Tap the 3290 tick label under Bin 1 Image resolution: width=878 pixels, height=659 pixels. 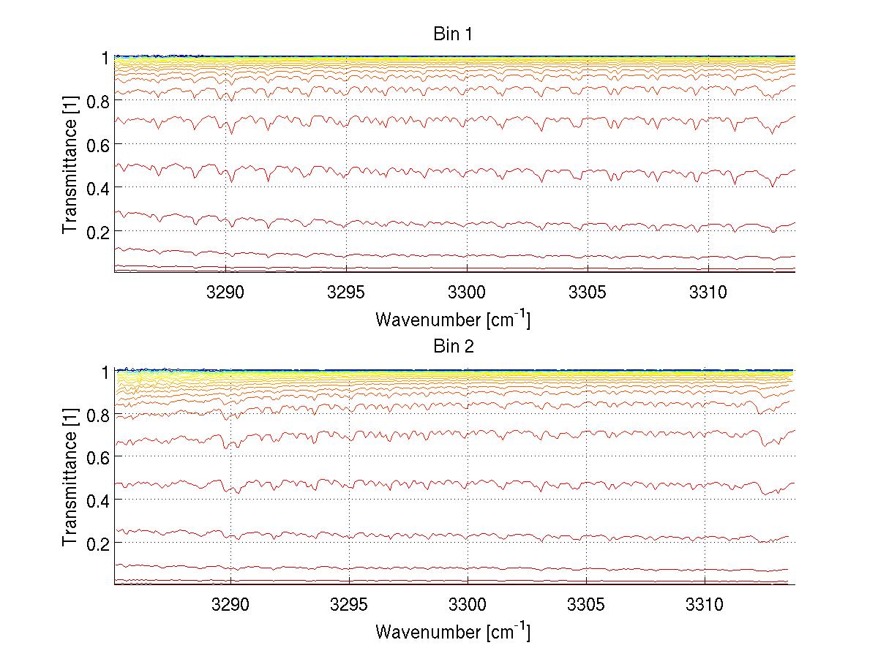(x=226, y=293)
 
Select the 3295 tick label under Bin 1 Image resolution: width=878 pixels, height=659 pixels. (x=345, y=293)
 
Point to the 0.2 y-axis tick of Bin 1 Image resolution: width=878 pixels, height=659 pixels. (x=97, y=231)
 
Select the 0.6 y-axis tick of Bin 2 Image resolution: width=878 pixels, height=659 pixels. (x=97, y=456)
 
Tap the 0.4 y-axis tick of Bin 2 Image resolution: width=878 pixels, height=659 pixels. (x=97, y=500)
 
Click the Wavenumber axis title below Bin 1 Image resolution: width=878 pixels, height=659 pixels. (x=453, y=319)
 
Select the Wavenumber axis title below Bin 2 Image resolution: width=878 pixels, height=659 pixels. (x=453, y=631)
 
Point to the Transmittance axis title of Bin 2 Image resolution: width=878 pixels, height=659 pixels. (x=70, y=478)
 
